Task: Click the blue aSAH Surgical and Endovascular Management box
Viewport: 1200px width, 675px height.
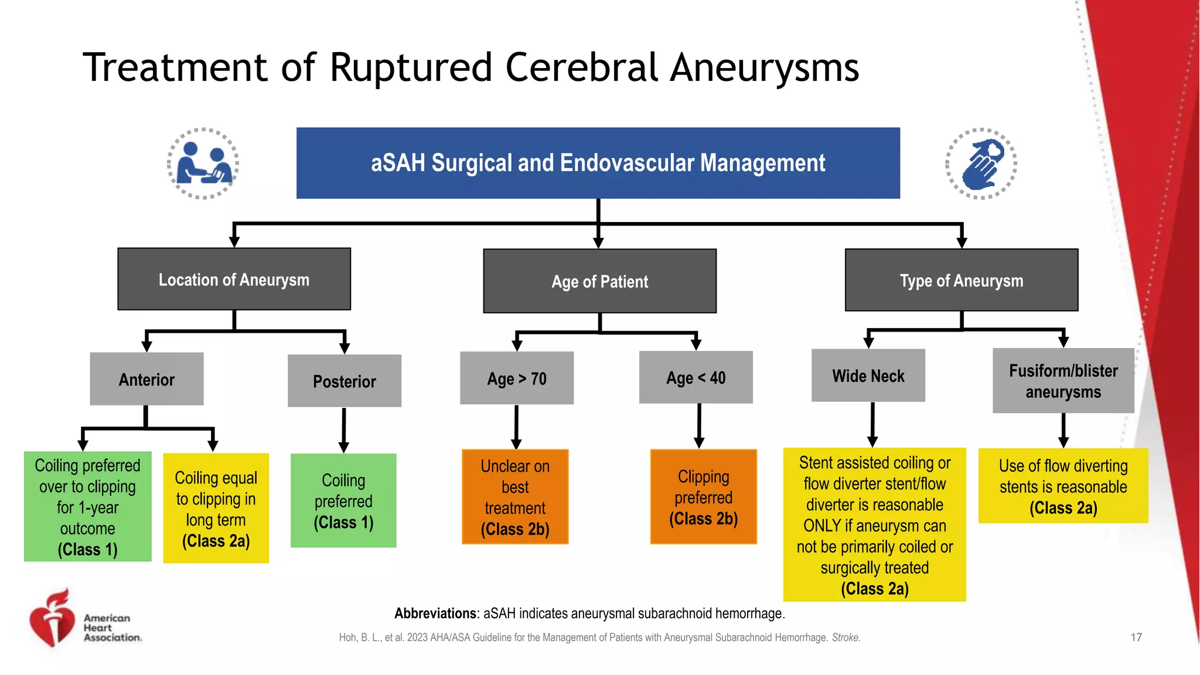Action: point(598,163)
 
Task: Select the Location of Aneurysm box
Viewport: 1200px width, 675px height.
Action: point(234,279)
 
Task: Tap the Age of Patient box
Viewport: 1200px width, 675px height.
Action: point(599,281)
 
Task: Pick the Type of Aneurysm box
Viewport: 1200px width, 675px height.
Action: point(961,280)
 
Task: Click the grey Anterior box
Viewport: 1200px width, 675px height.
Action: point(146,379)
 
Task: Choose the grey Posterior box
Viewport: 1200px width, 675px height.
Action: point(345,381)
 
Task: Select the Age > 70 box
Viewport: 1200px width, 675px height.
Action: point(516,378)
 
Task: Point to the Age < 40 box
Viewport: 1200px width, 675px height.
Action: point(696,377)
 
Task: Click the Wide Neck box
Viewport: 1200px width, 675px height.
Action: point(868,376)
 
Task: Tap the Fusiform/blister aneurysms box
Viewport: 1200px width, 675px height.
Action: point(1063,381)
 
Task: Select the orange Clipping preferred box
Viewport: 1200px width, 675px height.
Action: point(703,497)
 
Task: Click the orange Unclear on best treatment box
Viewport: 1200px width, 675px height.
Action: point(515,497)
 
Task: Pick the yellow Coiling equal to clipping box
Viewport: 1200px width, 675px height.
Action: point(216,508)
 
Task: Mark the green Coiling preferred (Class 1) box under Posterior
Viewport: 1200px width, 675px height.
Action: point(343,500)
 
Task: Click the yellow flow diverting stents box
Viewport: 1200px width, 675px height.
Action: point(1063,486)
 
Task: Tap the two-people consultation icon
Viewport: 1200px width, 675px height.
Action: point(203,163)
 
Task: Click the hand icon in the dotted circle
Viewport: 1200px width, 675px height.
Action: point(981,163)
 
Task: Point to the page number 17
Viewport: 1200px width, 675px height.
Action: point(1136,637)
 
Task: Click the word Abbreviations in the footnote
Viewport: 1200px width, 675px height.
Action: point(435,613)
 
